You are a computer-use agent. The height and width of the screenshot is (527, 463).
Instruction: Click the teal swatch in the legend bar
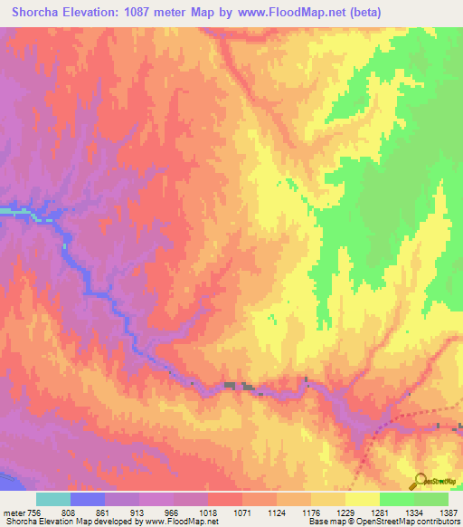[53, 499]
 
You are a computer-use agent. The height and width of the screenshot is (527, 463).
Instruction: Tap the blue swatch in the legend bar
[88, 499]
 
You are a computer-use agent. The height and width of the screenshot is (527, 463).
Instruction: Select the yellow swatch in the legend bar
[363, 499]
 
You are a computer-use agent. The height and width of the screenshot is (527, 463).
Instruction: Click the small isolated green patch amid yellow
[272, 317]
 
